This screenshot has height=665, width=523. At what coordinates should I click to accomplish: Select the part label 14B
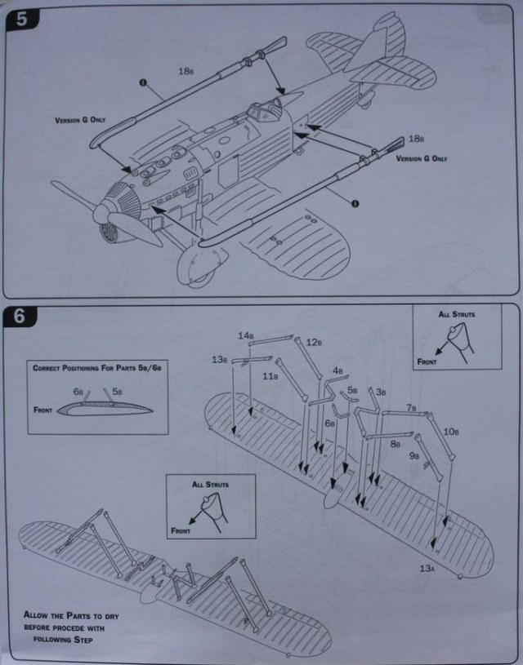tap(244, 335)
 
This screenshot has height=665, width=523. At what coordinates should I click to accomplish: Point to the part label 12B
tap(314, 344)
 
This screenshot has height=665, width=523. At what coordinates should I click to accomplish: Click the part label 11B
tap(270, 376)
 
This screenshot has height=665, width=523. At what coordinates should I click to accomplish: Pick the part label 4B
tap(337, 370)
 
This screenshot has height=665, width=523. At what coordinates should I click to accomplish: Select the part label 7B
tap(411, 407)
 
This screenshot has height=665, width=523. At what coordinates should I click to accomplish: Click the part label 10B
tap(449, 431)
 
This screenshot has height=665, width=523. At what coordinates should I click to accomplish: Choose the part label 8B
tap(395, 444)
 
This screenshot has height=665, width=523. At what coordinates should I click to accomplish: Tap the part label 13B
tap(219, 360)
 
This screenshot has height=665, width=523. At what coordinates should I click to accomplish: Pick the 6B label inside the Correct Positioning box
tap(78, 392)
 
